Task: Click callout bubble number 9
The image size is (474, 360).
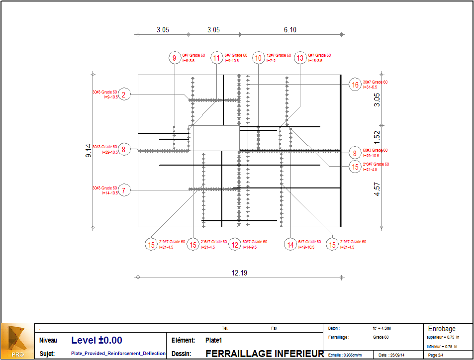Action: coord(175,58)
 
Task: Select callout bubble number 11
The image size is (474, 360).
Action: coord(216,58)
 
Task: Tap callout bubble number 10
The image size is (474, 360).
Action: coord(258,58)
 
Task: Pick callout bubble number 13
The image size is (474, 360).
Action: coord(300,58)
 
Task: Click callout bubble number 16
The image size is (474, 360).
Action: coord(355,85)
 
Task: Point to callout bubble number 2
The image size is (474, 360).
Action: coord(125,94)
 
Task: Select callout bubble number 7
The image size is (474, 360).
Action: coord(125,190)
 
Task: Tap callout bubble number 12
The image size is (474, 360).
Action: coord(235,244)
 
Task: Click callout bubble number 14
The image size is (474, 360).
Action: coord(290,244)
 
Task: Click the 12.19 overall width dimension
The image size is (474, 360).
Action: coord(239,272)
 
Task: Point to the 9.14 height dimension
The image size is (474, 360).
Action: coord(89,151)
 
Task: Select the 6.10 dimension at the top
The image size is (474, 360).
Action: coord(290,30)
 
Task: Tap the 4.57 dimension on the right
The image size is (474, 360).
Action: coord(377,189)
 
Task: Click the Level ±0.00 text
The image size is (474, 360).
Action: coord(96,341)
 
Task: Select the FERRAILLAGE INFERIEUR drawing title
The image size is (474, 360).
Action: coord(265,354)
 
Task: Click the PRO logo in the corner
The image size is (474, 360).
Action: coord(17,342)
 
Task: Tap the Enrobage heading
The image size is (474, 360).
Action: coord(442,329)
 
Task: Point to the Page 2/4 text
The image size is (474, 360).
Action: coord(436,355)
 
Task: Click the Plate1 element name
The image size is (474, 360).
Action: coord(213,341)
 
